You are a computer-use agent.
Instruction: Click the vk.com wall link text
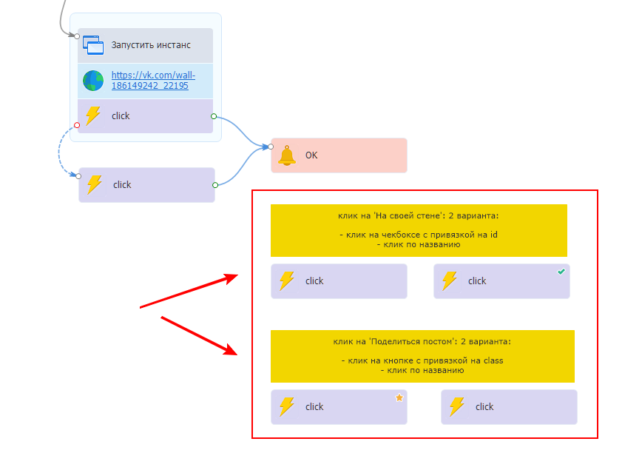(x=153, y=80)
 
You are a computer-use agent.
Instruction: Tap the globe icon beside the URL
(x=93, y=81)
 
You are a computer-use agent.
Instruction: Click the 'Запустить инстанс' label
(x=151, y=45)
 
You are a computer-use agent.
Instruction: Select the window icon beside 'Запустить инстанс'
(x=93, y=45)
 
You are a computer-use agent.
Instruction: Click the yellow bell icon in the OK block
(x=286, y=155)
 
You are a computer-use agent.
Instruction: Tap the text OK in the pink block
(x=311, y=155)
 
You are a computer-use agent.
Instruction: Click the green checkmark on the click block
(x=561, y=272)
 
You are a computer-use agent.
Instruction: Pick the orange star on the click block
(x=399, y=397)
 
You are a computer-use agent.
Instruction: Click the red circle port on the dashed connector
(x=77, y=125)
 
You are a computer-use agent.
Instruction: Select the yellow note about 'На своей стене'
(x=419, y=230)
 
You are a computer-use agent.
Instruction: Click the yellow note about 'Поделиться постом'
(x=422, y=356)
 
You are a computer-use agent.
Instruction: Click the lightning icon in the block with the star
(x=286, y=406)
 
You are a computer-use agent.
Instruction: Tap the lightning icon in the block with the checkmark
(x=449, y=281)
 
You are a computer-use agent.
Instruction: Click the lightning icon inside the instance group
(x=93, y=116)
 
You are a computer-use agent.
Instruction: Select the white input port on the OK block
(x=271, y=147)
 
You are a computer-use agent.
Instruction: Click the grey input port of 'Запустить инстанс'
(x=77, y=36)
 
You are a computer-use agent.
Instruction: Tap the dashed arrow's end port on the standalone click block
(x=79, y=176)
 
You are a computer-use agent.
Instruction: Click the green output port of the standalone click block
(x=214, y=184)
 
